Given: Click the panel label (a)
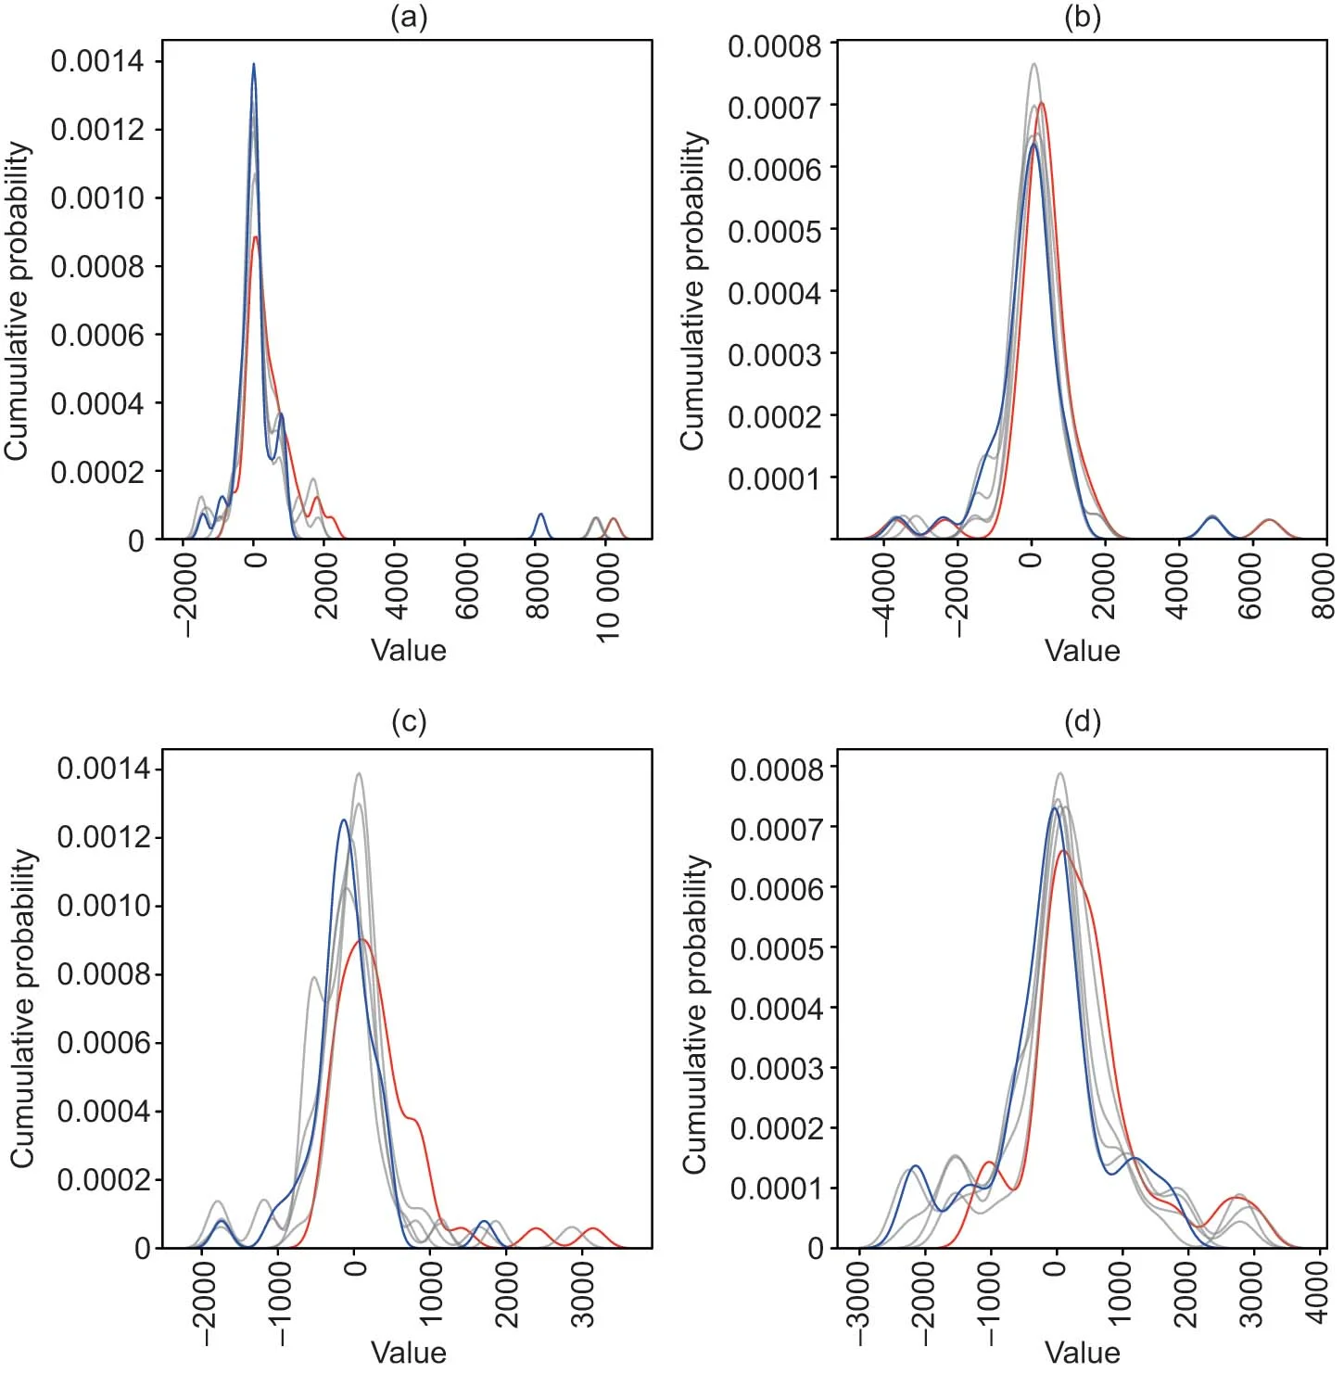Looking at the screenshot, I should pos(409,18).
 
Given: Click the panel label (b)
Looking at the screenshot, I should pos(1083,18).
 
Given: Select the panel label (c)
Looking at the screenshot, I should pos(409,721).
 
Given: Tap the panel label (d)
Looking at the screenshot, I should pos(1083,721).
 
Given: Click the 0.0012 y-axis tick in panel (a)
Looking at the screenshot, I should pos(97,130).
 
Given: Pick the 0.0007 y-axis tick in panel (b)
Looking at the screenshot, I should pos(774,107).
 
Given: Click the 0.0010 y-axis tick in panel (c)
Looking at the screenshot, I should pos(103,906).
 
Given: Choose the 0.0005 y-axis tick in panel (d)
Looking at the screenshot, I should pos(776,948).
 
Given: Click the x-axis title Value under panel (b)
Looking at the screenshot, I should pos(1083,650).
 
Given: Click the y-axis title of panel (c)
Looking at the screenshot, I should pos(22,1008).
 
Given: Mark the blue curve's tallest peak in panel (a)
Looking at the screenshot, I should pos(253,65).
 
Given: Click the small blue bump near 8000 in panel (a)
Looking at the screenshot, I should pos(540,515).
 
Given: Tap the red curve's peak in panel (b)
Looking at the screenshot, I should pos(1042,103).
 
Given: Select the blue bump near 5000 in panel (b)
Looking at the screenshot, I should pos(1211,517).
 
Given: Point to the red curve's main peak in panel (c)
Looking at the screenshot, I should pos(361,940).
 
